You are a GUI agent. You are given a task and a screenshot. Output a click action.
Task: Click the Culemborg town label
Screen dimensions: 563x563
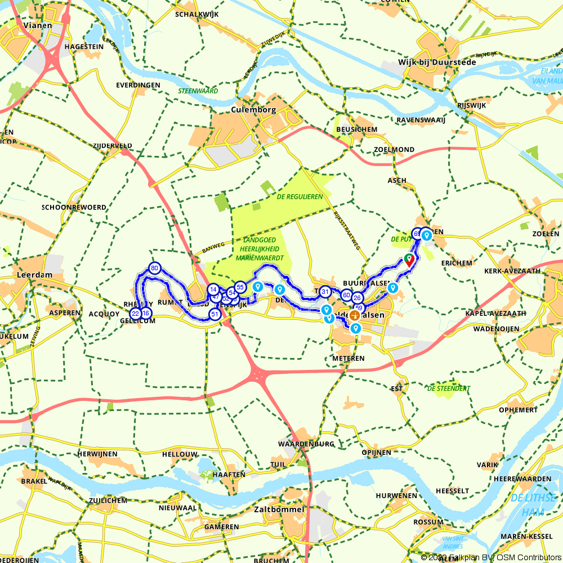pyautogui.click(x=253, y=110)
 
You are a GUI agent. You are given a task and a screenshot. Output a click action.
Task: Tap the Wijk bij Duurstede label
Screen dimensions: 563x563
pyautogui.click(x=437, y=62)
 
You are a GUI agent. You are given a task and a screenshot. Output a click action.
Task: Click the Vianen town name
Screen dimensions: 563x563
pyautogui.click(x=38, y=25)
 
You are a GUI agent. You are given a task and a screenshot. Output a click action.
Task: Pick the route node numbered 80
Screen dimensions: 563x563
pyautogui.click(x=155, y=268)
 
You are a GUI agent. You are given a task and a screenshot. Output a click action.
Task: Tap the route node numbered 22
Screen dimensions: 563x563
pyautogui.click(x=135, y=314)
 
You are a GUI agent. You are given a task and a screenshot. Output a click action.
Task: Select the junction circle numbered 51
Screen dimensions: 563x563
pyautogui.click(x=214, y=314)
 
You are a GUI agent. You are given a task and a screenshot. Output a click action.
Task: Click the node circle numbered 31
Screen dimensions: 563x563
pyautogui.click(x=325, y=292)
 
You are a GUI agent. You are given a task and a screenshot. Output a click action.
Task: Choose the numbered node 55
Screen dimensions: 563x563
pyautogui.click(x=240, y=287)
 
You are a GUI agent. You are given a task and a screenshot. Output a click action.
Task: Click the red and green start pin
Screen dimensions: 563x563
pyautogui.click(x=409, y=260)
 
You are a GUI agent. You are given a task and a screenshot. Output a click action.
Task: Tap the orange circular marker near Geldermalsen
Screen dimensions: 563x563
pyautogui.click(x=355, y=315)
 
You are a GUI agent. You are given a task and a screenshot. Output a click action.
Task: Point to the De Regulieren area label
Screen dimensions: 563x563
pyautogui.click(x=300, y=196)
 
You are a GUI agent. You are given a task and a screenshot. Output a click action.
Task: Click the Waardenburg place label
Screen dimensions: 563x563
pyautogui.click(x=306, y=444)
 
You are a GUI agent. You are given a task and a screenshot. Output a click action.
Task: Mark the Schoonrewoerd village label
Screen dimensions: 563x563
pyautogui.click(x=73, y=207)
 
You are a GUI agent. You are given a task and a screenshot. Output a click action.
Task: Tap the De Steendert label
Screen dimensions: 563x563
pyautogui.click(x=448, y=388)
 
